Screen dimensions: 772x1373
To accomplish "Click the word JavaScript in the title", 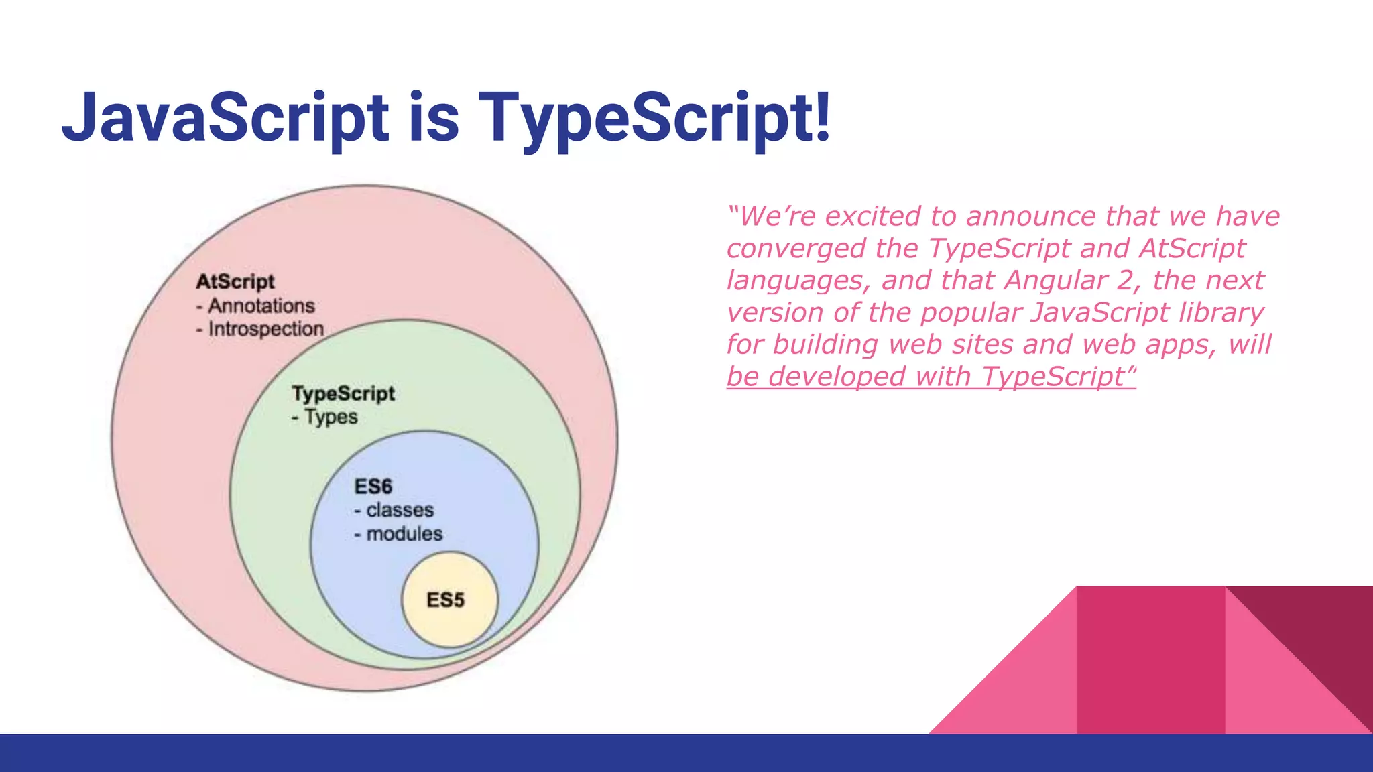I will [225, 118].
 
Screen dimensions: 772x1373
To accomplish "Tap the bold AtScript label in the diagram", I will [235, 281].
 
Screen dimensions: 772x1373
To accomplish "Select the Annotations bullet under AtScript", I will [261, 306].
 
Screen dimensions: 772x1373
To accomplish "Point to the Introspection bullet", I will [265, 329].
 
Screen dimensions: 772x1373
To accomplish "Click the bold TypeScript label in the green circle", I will [343, 393].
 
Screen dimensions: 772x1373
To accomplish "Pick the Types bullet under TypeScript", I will [331, 417].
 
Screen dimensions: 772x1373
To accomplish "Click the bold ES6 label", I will [373, 487].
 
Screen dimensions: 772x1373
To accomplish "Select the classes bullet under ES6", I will [400, 510].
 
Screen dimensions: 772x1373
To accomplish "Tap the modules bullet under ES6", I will [404, 534].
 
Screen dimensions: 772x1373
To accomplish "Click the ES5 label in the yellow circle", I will [446, 600].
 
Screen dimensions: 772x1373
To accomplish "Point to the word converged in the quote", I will [796, 249].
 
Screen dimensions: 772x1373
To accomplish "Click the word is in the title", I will [433, 118].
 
